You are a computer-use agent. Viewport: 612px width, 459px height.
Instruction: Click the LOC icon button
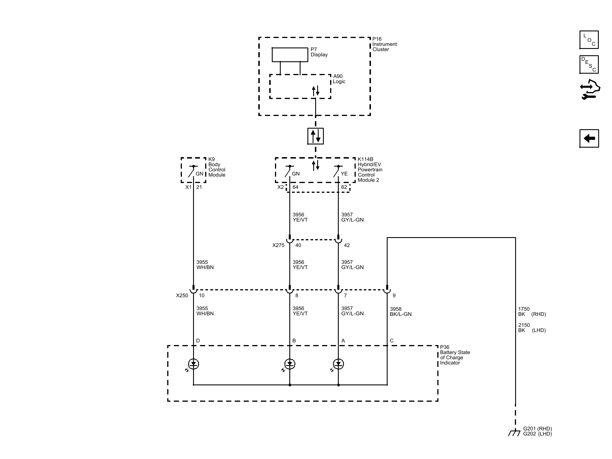click(x=589, y=40)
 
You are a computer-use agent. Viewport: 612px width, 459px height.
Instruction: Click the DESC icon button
click(x=589, y=64)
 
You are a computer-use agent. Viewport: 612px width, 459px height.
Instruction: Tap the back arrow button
click(x=589, y=138)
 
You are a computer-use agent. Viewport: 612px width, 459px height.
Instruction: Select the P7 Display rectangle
click(x=290, y=55)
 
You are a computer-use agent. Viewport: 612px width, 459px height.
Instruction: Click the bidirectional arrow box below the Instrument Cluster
click(x=315, y=136)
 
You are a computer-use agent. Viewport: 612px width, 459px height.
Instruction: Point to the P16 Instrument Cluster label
click(x=384, y=44)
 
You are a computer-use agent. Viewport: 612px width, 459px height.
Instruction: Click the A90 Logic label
click(x=339, y=79)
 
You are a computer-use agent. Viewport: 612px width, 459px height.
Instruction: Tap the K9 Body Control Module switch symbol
click(x=192, y=171)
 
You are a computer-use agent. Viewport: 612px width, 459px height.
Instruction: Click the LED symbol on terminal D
click(x=193, y=364)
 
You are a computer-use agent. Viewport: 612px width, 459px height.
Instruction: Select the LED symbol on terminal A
click(x=338, y=364)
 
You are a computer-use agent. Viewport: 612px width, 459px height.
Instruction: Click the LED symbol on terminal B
click(x=290, y=364)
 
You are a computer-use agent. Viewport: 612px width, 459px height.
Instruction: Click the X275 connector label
click(x=278, y=245)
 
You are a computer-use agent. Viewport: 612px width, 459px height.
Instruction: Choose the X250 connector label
click(x=182, y=295)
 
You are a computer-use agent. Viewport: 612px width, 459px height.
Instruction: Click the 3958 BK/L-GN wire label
click(x=401, y=311)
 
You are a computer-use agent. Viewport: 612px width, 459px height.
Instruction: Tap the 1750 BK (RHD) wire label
click(x=532, y=311)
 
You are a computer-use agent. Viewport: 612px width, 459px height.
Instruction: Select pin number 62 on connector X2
click(x=344, y=187)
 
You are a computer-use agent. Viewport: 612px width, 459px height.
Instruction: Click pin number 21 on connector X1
click(x=199, y=187)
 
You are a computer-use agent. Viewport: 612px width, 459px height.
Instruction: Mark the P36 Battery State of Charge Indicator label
click(x=455, y=355)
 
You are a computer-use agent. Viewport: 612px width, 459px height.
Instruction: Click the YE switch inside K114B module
click(x=337, y=171)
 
